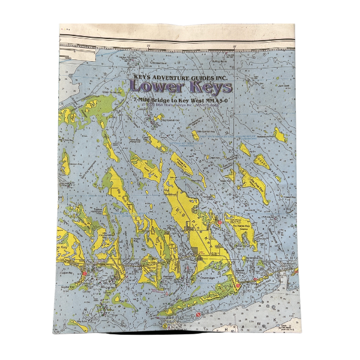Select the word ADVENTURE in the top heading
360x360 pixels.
click(169, 76)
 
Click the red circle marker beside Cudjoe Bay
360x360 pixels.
click(85, 273)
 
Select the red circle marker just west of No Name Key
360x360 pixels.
click(220, 223)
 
